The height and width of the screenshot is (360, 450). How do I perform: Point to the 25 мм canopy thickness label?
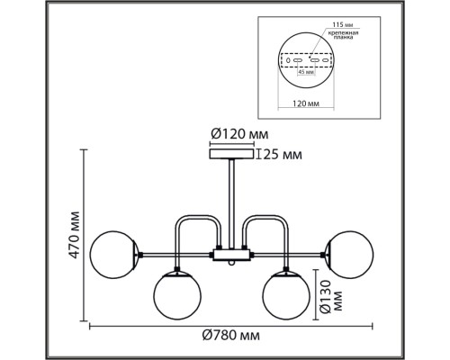280,155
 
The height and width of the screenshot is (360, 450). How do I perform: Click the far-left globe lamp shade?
117,249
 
